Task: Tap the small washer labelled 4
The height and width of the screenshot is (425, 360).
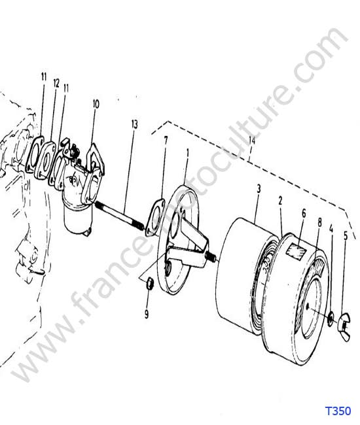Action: point(331,319)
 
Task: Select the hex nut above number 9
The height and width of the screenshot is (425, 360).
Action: point(149,284)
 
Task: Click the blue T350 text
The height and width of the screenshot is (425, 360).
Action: point(338,411)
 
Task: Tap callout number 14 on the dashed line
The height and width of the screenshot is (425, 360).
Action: point(251,141)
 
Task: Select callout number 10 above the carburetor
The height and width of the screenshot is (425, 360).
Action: point(96,104)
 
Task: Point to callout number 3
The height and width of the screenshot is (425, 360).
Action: point(259,189)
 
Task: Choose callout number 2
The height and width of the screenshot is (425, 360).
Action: point(280,201)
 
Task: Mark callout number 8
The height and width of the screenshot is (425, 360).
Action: point(319,222)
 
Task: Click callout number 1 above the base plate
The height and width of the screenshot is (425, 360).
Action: point(187,154)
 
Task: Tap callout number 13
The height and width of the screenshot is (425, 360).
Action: point(135,124)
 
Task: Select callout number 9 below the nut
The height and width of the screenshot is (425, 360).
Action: point(147,314)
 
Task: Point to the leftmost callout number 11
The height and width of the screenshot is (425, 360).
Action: point(44,76)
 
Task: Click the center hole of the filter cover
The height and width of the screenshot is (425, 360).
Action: point(307,306)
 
